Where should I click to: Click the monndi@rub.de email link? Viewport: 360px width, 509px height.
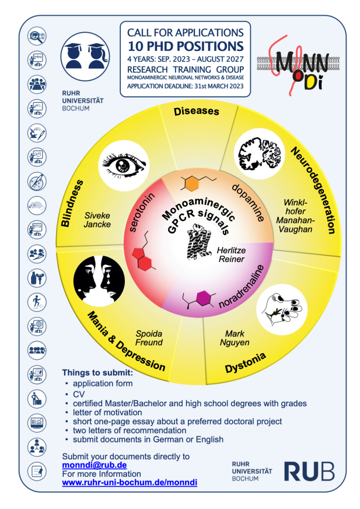[x=94, y=465]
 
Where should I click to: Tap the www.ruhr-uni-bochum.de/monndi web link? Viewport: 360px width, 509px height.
[x=130, y=482]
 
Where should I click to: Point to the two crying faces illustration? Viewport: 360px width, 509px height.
[x=99, y=280]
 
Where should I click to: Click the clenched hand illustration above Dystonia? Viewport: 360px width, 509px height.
[x=281, y=309]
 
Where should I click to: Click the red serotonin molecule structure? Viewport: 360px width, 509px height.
[x=143, y=252]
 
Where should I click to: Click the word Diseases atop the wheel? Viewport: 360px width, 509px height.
[x=197, y=111]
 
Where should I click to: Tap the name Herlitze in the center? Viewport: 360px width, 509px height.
[x=231, y=250]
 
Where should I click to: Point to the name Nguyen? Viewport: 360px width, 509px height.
[x=235, y=343]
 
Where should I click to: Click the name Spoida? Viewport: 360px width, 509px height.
[x=149, y=334]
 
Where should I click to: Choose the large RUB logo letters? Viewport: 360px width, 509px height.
[x=309, y=472]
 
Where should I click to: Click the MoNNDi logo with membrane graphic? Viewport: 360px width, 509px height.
[x=298, y=65]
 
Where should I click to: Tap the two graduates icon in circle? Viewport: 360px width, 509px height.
[x=85, y=57]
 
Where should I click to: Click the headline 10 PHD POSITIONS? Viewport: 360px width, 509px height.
[x=186, y=47]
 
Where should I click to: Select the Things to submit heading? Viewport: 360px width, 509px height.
[x=97, y=372]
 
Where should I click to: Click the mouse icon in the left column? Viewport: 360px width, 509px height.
[x=37, y=205]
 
